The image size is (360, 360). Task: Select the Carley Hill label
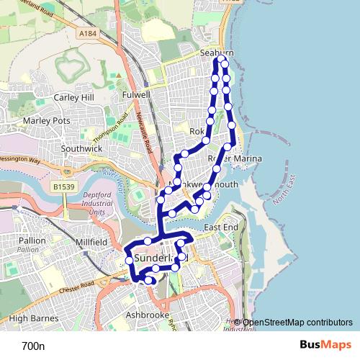tap(73, 97)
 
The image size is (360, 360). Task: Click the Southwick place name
tap(83, 148)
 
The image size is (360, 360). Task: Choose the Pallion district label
tap(33, 240)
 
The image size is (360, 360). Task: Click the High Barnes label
tap(29, 318)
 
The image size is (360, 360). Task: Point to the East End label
tap(220, 228)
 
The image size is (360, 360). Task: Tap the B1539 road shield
tap(64, 186)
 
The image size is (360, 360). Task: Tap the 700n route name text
tap(33, 346)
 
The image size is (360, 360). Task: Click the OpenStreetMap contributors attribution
tap(297, 323)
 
